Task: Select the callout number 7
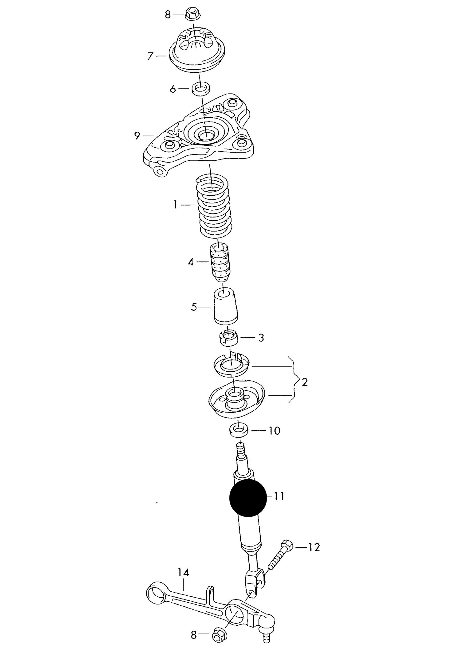pos(150,56)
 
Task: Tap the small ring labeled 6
pos(200,89)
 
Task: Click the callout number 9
pos(137,136)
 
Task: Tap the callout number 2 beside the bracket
pos(305,382)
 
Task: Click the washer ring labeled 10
pos(239,431)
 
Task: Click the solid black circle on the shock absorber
pos(248,498)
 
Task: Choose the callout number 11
pos(279,496)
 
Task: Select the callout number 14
pos(184,572)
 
